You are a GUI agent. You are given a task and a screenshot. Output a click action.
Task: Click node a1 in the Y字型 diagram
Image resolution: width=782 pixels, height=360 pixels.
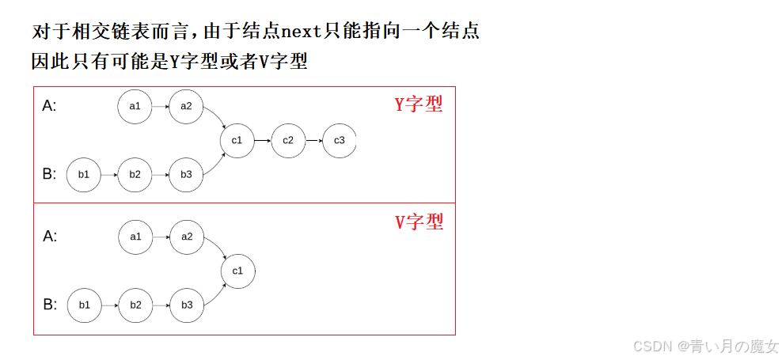(x=135, y=107)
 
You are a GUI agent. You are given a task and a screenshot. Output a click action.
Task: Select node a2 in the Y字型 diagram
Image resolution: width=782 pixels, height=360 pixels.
(x=186, y=107)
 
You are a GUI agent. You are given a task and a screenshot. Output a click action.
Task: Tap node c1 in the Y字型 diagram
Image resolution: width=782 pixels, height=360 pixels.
(x=237, y=140)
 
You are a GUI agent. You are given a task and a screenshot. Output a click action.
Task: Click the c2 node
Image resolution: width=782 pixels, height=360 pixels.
(x=288, y=140)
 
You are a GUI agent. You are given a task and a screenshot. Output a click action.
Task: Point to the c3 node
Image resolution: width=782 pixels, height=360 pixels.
(x=339, y=140)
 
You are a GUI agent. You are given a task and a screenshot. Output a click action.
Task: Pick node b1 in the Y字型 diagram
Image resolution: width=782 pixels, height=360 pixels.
(x=84, y=174)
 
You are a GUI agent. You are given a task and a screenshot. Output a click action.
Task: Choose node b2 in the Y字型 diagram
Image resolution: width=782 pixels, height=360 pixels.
(x=135, y=174)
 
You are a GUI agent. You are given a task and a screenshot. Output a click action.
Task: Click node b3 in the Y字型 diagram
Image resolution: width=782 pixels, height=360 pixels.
(x=186, y=174)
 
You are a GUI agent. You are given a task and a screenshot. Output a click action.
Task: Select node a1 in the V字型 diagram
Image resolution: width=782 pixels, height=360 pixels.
(x=135, y=237)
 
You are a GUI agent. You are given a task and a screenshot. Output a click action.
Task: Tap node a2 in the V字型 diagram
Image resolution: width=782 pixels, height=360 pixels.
(x=187, y=237)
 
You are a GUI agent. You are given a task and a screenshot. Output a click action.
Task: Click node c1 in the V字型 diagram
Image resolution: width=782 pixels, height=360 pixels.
(x=237, y=271)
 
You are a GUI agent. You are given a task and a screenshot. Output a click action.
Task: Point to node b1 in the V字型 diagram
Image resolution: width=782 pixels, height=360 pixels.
(x=85, y=305)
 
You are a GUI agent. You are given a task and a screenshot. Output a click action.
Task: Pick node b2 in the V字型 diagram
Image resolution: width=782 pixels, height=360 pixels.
(x=135, y=305)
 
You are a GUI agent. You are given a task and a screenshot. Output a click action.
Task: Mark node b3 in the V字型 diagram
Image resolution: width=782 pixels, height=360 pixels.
(x=187, y=305)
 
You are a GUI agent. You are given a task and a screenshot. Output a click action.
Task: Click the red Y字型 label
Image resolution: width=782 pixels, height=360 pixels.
(x=419, y=104)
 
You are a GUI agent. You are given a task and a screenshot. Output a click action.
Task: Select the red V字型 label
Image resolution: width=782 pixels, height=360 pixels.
(x=419, y=222)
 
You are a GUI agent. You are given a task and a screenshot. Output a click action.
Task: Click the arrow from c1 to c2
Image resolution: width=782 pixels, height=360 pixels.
(x=263, y=140)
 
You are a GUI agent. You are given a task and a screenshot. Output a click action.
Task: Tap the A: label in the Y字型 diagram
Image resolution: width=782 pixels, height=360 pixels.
(x=49, y=106)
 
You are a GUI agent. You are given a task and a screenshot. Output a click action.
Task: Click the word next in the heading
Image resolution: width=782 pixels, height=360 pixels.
(x=303, y=32)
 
